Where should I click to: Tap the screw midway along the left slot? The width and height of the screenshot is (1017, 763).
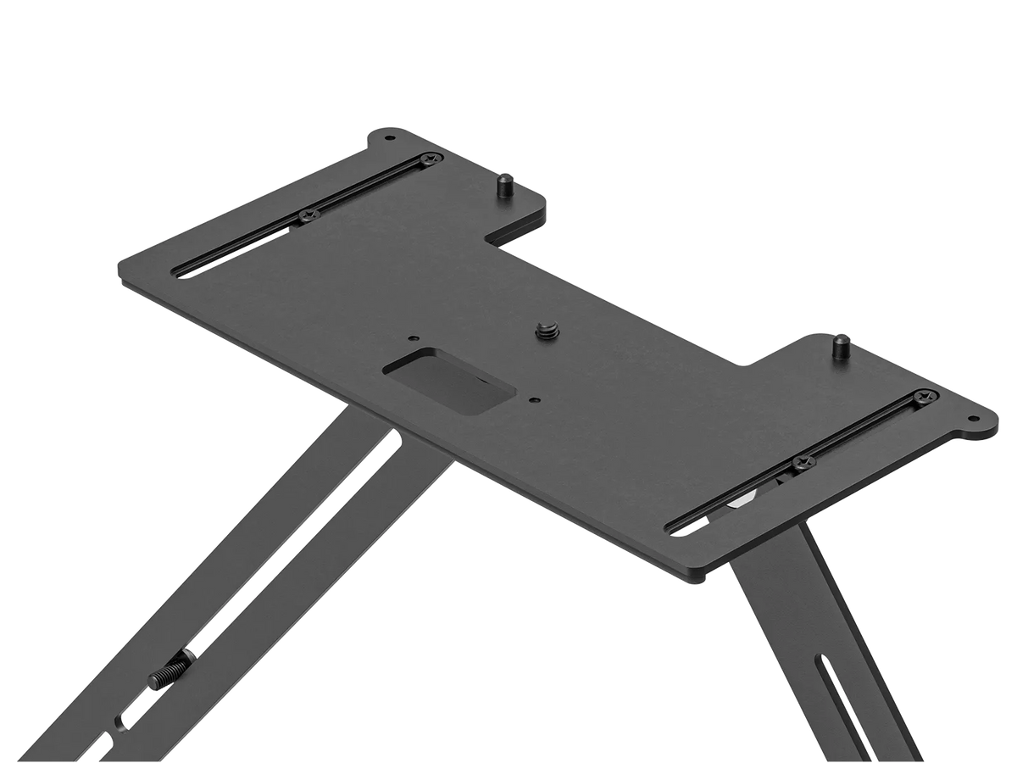pos(307,214)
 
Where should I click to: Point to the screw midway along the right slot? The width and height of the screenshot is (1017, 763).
pos(801,462)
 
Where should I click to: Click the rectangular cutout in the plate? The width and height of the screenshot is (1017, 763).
pos(448,383)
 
